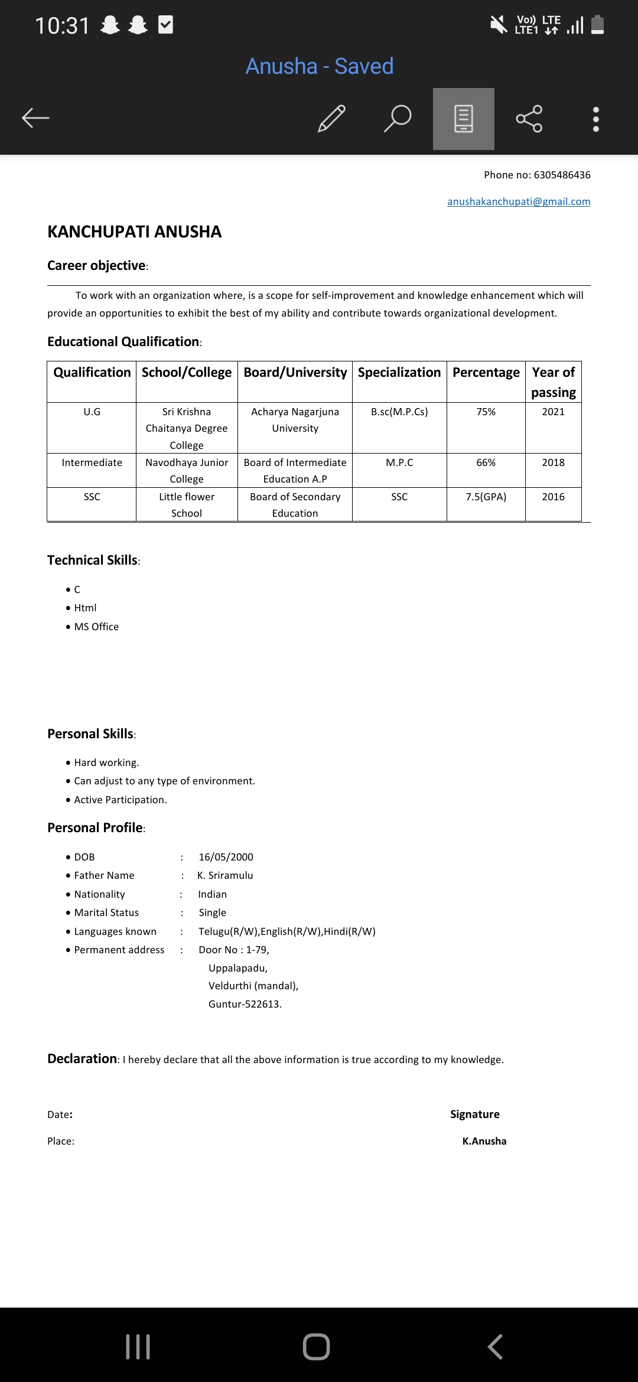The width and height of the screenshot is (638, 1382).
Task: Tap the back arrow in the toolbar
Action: [35, 118]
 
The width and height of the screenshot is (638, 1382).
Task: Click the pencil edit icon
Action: [331, 118]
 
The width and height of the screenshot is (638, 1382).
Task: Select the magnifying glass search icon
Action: [398, 118]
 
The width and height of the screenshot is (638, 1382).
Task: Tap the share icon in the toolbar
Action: [529, 119]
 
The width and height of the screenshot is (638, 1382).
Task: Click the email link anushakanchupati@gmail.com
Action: [519, 201]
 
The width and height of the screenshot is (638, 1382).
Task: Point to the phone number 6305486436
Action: [562, 175]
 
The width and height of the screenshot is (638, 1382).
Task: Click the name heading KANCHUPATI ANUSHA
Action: [135, 232]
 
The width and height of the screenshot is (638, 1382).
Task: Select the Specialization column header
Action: [399, 373]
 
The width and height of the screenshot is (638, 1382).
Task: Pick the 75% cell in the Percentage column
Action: [486, 412]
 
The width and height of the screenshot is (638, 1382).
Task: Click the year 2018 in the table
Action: [554, 462]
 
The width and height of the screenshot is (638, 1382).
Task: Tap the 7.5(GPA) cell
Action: [486, 497]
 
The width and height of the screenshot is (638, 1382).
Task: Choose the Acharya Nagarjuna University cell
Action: [295, 420]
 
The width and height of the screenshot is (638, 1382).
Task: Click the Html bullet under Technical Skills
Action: [85, 608]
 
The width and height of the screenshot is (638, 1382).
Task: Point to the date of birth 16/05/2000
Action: [226, 857]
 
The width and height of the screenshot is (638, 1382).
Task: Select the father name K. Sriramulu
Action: [225, 875]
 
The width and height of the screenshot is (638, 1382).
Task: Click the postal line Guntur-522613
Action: [245, 1004]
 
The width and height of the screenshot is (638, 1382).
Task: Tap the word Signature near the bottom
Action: [475, 1114]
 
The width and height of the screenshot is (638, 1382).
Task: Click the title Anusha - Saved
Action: [320, 66]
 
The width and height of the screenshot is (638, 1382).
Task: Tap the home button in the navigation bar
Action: [316, 1347]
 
